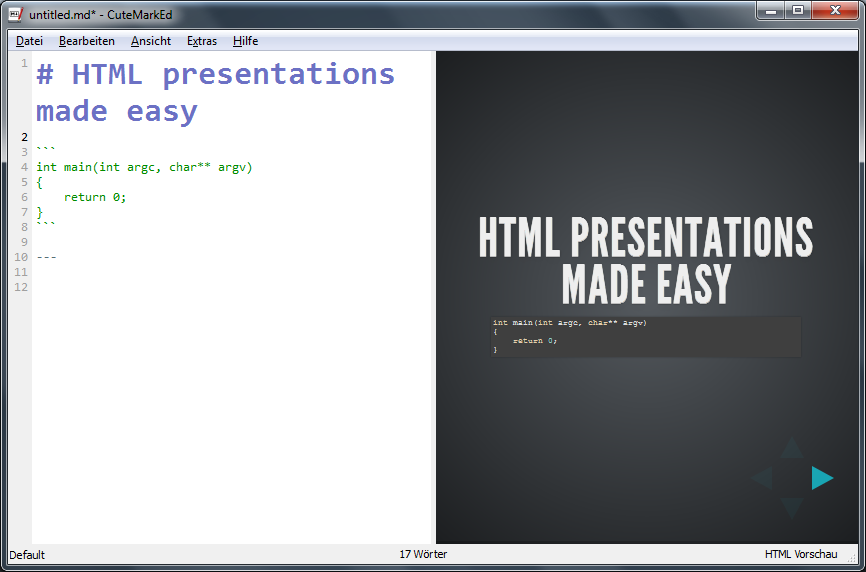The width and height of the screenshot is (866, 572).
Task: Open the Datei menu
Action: pos(29,41)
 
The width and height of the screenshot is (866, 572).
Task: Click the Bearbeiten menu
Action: pos(87,41)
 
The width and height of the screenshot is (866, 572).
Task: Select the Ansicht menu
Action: pos(151,41)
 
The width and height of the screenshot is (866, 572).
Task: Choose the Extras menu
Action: pos(202,41)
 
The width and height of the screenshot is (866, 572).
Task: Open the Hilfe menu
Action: pos(245,41)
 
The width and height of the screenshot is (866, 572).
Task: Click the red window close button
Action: pos(835,10)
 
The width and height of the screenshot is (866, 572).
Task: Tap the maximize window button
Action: pos(798,10)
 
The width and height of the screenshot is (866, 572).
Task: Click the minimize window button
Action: pos(771,10)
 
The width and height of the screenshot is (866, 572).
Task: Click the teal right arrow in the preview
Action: pos(822,478)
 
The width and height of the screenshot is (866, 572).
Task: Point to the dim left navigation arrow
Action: pos(762,478)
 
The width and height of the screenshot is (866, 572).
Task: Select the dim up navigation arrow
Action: pos(791,448)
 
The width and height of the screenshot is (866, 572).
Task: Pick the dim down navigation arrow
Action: pos(791,508)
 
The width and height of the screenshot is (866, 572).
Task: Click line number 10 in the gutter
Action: pos(21,257)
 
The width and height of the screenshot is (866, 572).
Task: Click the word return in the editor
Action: pos(85,197)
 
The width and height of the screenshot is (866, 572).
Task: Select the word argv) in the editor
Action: pos(235,167)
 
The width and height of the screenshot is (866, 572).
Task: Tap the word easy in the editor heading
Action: pos(162,111)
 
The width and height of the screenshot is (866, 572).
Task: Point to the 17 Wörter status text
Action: pos(423,554)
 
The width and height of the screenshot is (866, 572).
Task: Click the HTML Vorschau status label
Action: pos(801,554)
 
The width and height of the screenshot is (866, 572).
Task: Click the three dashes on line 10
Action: pos(46,257)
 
